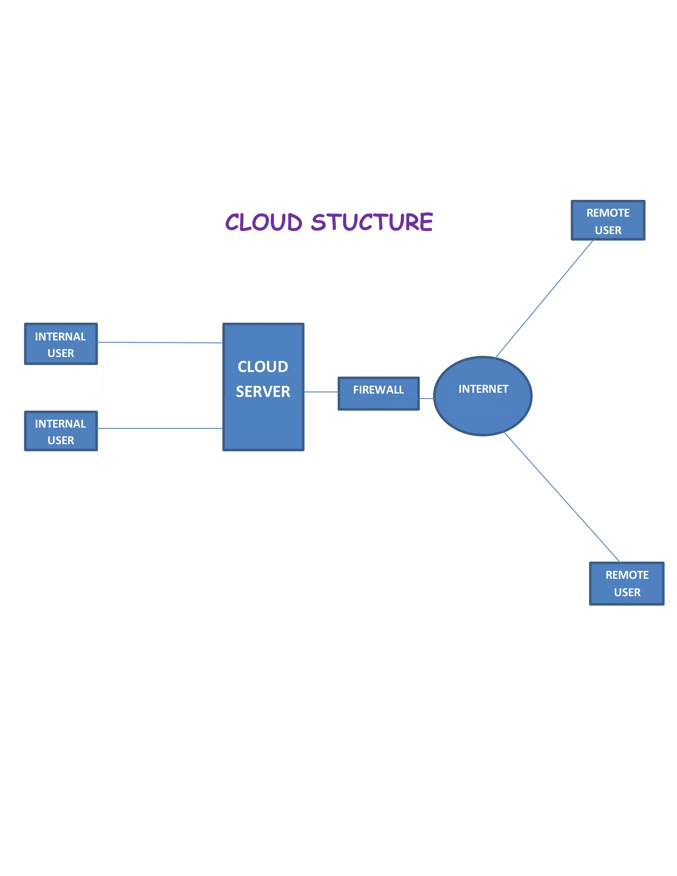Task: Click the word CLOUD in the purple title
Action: [263, 222]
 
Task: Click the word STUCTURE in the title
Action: [372, 222]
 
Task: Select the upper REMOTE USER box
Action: [608, 220]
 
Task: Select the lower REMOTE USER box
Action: [626, 583]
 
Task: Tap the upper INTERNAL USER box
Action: [61, 344]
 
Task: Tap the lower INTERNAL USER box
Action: [61, 431]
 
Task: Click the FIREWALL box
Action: [378, 393]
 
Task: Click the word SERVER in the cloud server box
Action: [263, 391]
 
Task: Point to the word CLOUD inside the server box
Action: [263, 366]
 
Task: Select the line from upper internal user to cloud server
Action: [160, 342]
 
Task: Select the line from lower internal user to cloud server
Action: [160, 428]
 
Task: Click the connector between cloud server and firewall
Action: [321, 392]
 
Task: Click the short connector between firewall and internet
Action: [426, 398]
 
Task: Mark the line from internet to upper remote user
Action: [544, 299]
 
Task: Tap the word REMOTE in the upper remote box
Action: [608, 213]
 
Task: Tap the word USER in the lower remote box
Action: [627, 592]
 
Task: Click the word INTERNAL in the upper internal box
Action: [60, 337]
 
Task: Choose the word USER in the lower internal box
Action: [60, 440]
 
